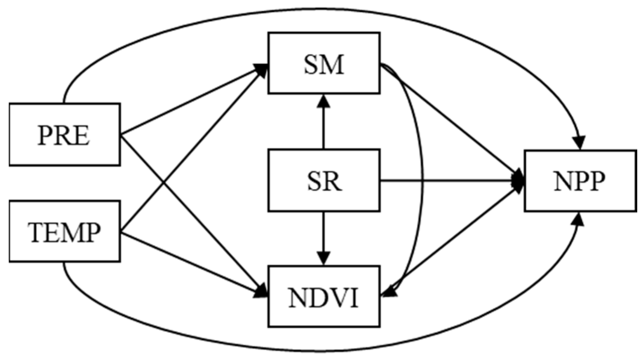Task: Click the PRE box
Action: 65,134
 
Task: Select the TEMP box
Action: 65,231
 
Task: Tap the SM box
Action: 324,63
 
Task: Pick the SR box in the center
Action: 324,180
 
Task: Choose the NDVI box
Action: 324,297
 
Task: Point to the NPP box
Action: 580,181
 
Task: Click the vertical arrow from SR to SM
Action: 324,124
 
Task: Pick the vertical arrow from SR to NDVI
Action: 324,237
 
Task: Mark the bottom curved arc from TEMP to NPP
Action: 321,351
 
